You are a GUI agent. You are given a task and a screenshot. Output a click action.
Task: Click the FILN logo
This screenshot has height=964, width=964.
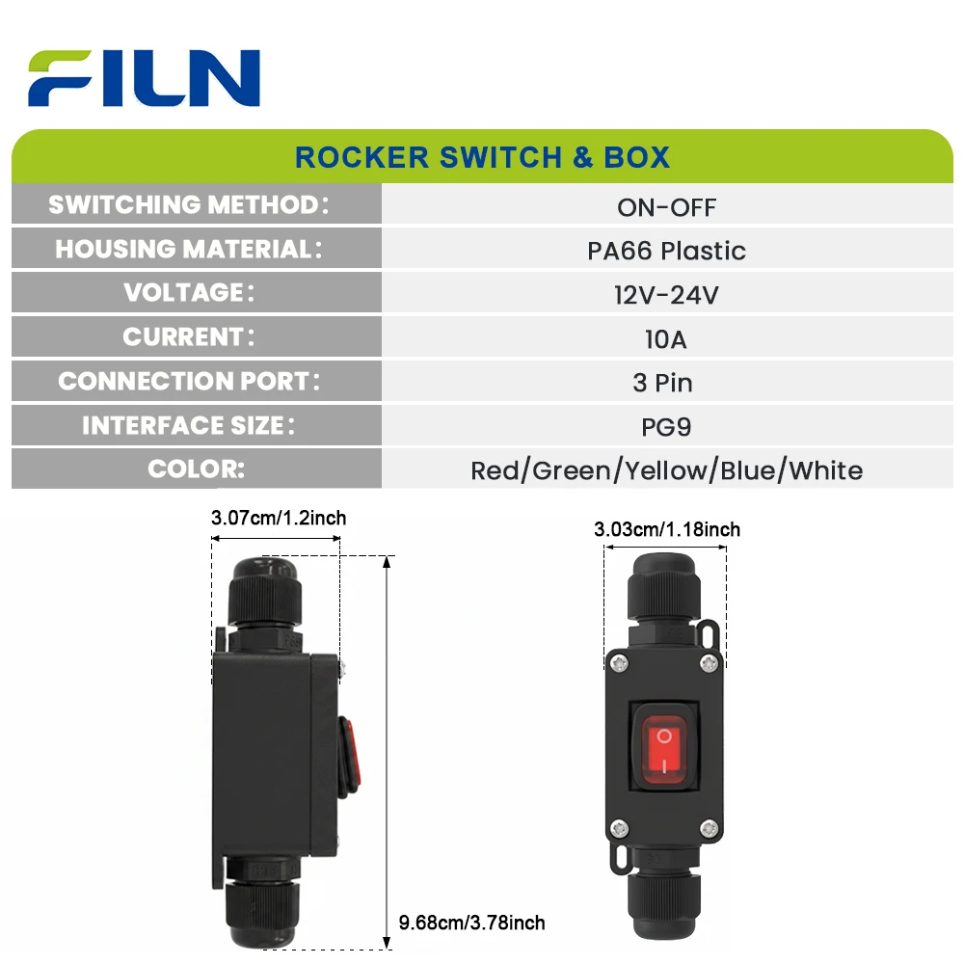point(144,78)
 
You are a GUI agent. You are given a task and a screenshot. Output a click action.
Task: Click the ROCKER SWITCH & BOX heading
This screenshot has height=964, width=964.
point(482,157)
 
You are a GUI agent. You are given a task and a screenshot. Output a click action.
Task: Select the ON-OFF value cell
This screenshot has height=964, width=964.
point(667,207)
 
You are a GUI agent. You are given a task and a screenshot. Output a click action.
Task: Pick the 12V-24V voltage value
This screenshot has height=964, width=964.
point(666,295)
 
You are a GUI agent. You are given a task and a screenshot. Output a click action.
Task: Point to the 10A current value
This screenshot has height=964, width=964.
point(666,339)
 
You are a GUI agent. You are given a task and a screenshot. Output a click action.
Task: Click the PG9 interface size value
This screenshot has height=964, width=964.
point(666,427)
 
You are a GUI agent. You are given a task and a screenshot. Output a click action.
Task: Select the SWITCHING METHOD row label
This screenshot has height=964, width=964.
point(189,204)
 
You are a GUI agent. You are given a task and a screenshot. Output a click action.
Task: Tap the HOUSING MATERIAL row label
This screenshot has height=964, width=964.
point(189,249)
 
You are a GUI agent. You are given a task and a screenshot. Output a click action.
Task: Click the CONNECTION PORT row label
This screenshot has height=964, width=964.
point(189,381)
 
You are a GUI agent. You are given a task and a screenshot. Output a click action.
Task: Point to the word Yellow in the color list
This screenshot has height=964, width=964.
point(666,471)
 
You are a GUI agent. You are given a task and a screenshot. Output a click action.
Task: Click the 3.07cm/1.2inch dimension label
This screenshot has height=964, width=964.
point(279,518)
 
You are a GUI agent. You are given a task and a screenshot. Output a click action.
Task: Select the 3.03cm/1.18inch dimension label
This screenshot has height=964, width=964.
point(667,529)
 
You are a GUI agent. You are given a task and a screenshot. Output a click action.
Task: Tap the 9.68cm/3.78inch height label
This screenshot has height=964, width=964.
point(472,923)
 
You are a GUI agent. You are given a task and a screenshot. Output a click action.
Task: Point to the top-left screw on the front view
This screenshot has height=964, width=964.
point(618,663)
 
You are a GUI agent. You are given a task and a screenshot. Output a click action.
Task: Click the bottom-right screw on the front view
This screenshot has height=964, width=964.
point(709,829)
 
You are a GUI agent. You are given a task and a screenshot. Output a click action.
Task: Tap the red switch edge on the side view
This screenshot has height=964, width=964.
point(349,756)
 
